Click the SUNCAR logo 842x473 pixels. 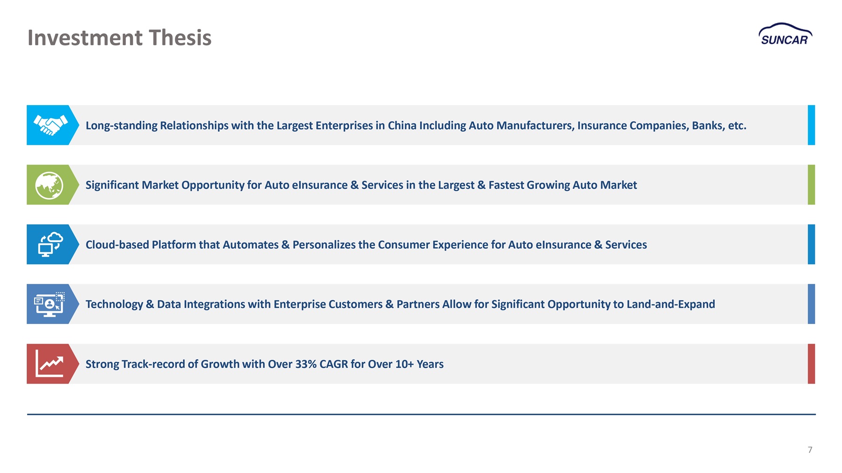click(x=785, y=34)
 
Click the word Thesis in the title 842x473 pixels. click(x=180, y=37)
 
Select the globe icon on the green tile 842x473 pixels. click(x=49, y=185)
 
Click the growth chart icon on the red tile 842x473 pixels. click(x=49, y=364)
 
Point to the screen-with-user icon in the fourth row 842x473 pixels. click(x=49, y=304)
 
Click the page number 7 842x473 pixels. click(x=810, y=450)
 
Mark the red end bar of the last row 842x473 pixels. click(x=811, y=364)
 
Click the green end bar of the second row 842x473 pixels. click(x=811, y=185)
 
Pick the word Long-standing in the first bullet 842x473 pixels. click(x=121, y=126)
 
